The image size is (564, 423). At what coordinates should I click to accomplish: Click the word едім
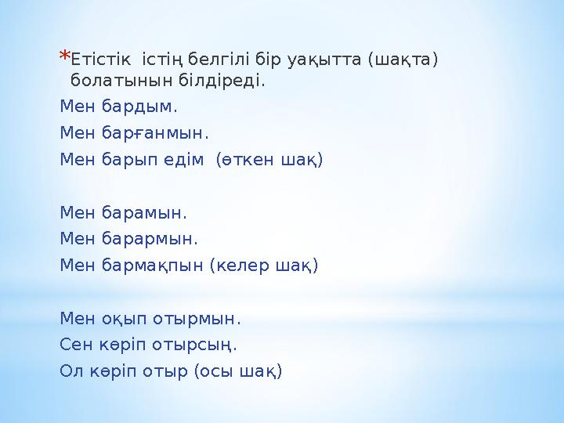[186, 160]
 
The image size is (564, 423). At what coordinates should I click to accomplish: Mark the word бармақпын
[152, 266]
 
